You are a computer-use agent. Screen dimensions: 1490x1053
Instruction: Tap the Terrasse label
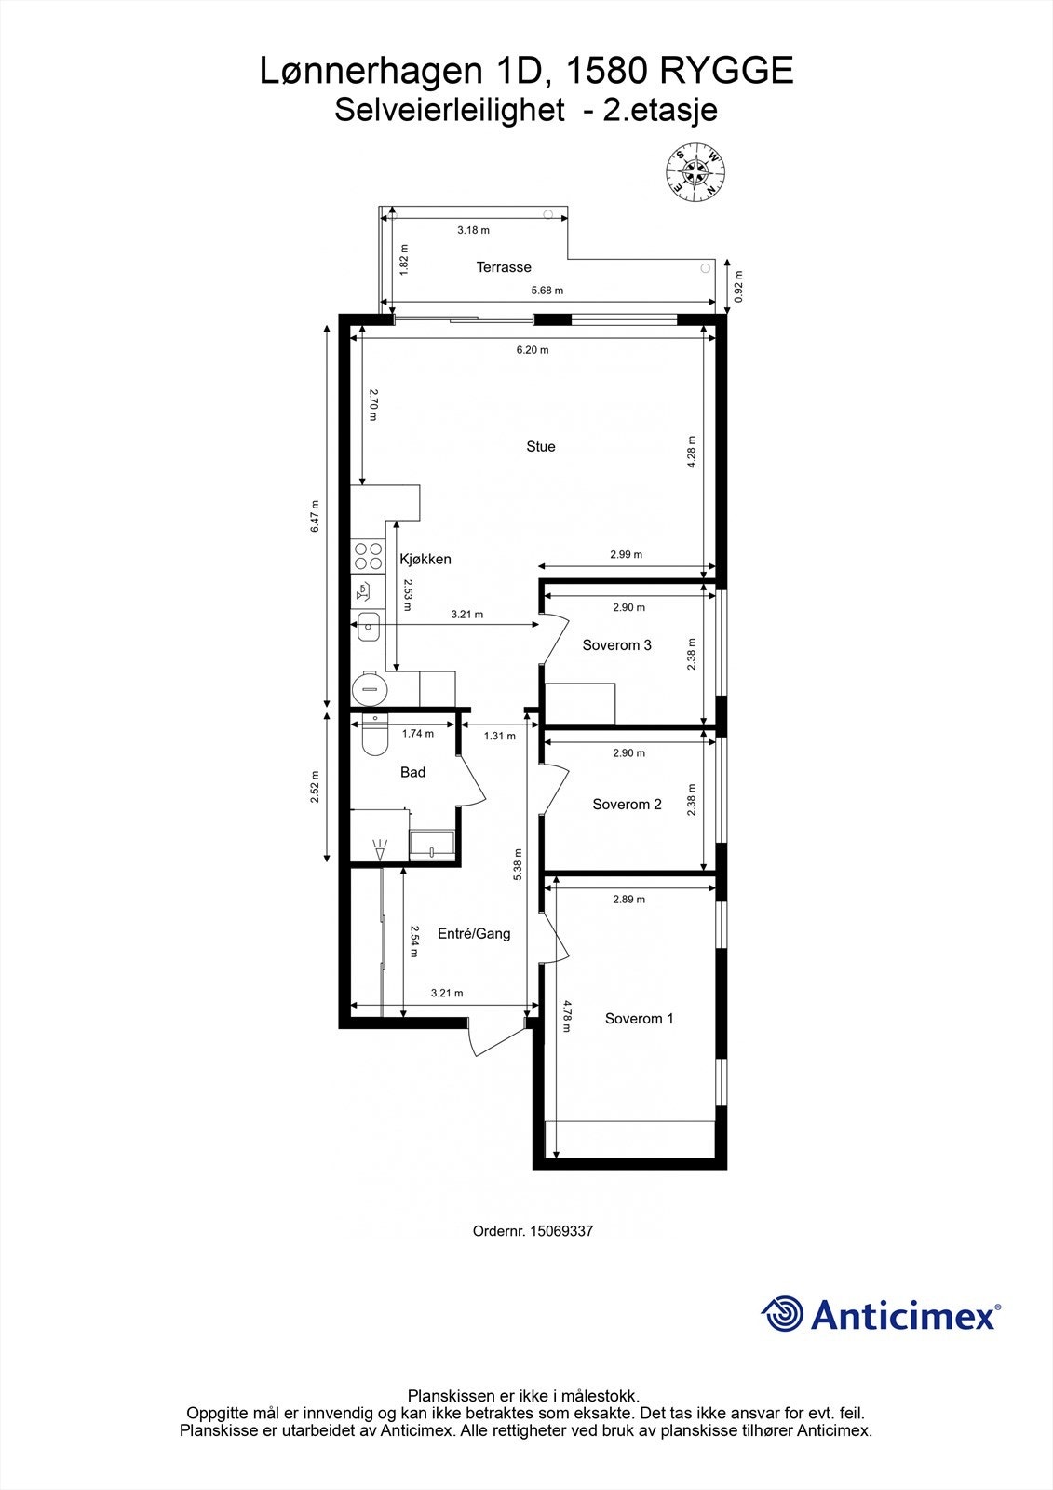[x=504, y=267]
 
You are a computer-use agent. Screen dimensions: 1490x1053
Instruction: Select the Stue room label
[x=541, y=447]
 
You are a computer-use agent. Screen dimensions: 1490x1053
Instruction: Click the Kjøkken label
[x=425, y=560]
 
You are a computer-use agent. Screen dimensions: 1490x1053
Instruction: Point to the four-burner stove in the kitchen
[x=368, y=556]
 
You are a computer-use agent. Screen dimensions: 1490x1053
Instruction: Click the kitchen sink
[x=369, y=626]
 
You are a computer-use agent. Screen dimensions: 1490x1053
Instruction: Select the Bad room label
[x=412, y=772]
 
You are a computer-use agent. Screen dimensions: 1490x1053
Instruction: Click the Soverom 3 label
[x=616, y=645]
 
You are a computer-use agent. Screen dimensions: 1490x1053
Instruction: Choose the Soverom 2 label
[x=627, y=805]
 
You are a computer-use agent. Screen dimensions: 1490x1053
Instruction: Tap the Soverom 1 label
[x=639, y=1019]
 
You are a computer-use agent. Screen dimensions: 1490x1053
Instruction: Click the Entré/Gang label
[x=474, y=934]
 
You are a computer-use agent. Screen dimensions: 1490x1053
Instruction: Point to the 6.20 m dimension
[x=533, y=350]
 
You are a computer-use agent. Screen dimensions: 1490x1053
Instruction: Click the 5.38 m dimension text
[x=518, y=865]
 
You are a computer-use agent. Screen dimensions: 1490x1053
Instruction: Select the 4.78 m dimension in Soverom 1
[x=566, y=1018]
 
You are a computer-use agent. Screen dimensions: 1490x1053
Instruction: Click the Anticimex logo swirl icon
[x=783, y=1314]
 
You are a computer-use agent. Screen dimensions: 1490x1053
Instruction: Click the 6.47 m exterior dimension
[x=316, y=516]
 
